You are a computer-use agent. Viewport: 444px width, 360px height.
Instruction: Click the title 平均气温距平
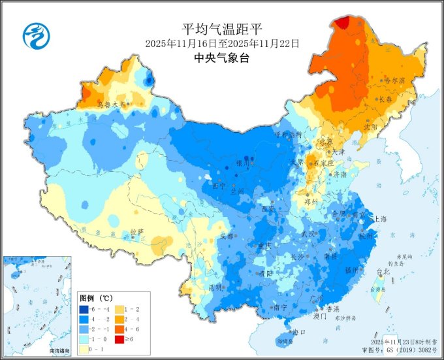point(222,29)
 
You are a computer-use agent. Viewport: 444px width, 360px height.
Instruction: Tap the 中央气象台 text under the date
point(222,57)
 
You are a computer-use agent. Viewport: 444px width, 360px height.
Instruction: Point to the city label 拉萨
point(136,231)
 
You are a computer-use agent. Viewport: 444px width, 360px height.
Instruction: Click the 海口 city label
point(300,332)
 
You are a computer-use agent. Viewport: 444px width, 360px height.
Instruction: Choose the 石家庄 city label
point(323,163)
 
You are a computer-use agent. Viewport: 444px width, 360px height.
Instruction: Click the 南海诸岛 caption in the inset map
point(63,351)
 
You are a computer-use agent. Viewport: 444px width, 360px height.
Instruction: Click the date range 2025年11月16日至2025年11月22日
point(222,43)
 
